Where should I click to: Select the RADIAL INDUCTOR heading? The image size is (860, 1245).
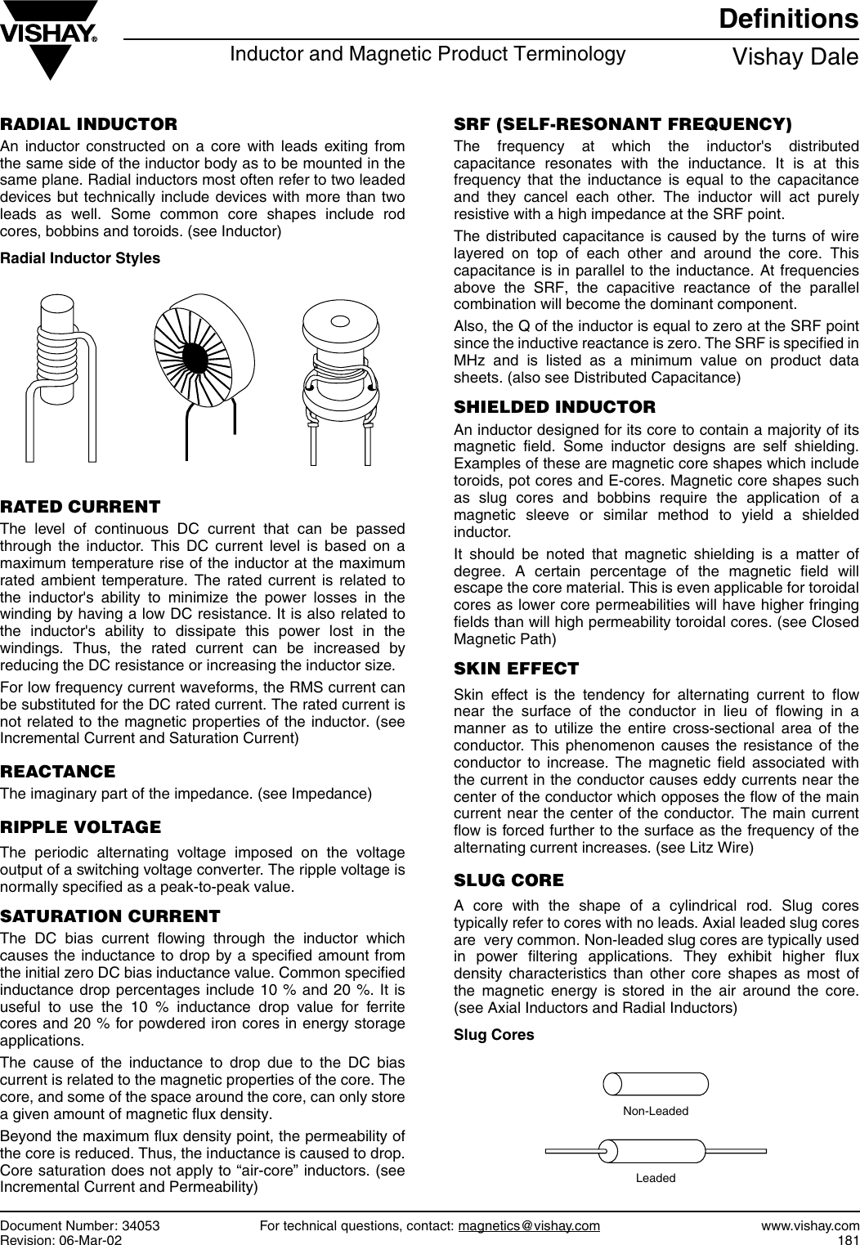coord(89,125)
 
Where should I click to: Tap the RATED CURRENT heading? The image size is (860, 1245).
coord(80,508)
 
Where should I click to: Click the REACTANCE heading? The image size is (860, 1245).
coord(58,772)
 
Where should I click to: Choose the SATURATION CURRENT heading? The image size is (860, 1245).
coord(110,915)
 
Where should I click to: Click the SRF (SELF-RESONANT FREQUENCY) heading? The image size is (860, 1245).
coord(623,125)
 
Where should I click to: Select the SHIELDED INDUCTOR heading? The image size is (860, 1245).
coord(554,407)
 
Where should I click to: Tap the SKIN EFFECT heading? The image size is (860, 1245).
coord(516,669)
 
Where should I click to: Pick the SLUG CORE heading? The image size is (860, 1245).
coord(508,880)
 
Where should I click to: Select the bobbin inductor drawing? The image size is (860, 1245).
coord(338,372)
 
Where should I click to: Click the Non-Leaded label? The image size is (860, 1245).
coord(656,1111)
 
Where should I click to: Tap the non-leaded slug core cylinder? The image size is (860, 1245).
coord(656,1083)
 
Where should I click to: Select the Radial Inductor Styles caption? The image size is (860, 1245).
coord(80,258)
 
